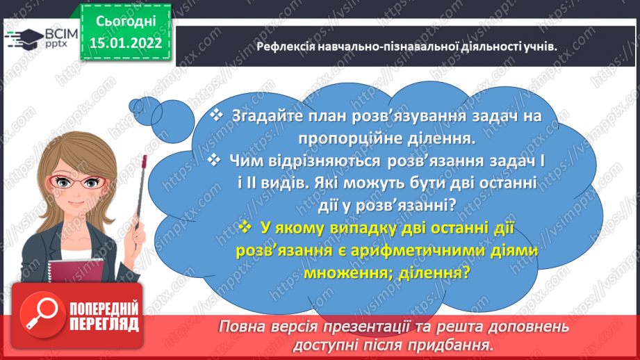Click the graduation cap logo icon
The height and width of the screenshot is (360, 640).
point(16,38)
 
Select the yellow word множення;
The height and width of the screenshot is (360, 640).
point(344,272)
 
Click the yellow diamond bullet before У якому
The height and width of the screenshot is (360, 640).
point(245,227)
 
